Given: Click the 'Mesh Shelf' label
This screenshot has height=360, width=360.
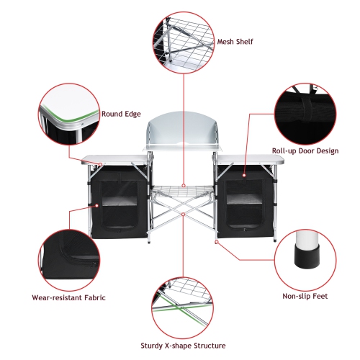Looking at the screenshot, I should (x=235, y=42).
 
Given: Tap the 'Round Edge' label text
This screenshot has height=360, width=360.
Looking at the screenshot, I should (x=121, y=114).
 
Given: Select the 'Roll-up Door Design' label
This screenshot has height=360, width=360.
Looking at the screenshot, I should (x=305, y=150).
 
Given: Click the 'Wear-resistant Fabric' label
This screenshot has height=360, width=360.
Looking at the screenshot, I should (x=69, y=296).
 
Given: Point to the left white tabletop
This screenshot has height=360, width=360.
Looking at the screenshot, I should (x=115, y=159).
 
